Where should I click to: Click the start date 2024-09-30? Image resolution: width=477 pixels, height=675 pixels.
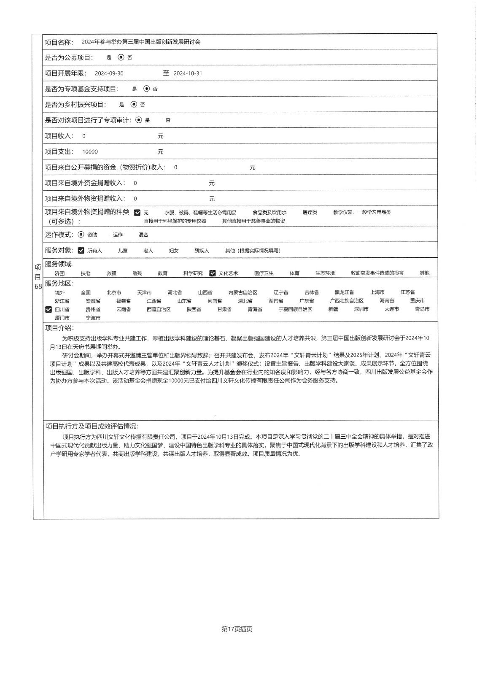(x=109, y=73)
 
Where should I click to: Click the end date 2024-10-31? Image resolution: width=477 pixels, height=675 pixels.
(x=188, y=73)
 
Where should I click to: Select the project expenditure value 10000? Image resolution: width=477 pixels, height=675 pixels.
(x=90, y=152)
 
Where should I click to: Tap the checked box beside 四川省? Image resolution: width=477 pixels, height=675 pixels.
(x=49, y=310)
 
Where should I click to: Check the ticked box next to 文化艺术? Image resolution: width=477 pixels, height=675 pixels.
(x=212, y=273)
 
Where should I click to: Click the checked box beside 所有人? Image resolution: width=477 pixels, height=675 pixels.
(x=81, y=251)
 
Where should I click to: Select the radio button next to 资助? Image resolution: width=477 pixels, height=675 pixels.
(x=81, y=235)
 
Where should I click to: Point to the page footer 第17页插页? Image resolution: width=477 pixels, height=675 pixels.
(x=237, y=629)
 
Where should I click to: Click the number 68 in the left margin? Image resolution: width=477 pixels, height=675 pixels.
(x=38, y=286)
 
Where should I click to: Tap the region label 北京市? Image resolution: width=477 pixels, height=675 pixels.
(x=114, y=292)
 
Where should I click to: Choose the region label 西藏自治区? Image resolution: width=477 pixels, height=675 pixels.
(x=159, y=309)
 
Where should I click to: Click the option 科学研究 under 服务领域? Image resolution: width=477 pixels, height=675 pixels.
(x=193, y=273)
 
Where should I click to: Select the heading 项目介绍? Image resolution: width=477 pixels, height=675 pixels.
(x=59, y=328)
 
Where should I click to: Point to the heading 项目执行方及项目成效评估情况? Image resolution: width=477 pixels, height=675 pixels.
(x=92, y=426)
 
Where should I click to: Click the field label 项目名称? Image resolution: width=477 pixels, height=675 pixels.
(x=59, y=42)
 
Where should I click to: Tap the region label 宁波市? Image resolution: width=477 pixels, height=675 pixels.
(x=93, y=318)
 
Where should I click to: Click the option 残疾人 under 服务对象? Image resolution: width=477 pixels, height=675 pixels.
(x=202, y=251)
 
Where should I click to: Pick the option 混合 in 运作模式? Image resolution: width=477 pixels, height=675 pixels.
(x=143, y=235)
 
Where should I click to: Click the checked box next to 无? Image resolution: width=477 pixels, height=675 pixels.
(x=137, y=213)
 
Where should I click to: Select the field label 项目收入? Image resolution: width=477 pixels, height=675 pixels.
(x=59, y=136)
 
